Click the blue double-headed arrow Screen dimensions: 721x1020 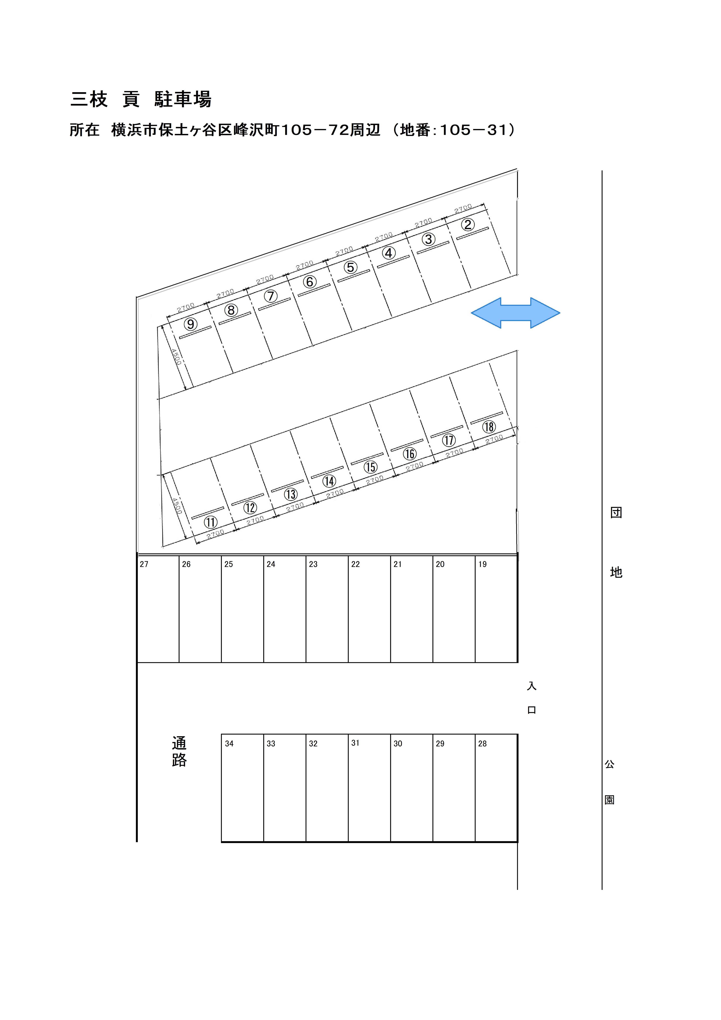515,313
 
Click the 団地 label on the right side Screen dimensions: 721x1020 616,542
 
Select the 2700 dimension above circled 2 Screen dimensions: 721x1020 463,208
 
